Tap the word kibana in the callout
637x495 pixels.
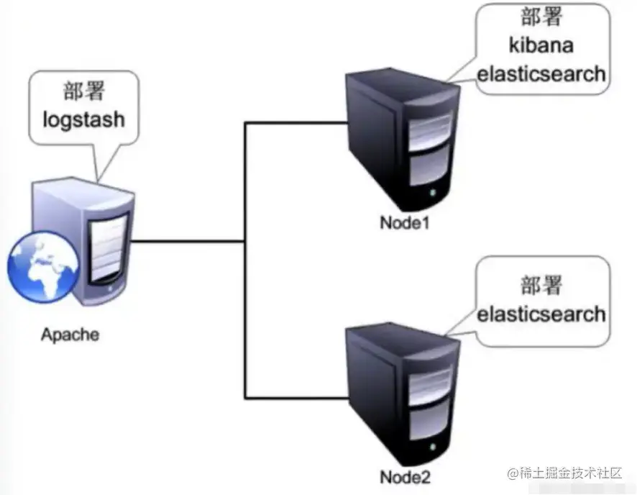coord(540,45)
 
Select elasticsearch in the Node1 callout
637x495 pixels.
coord(541,73)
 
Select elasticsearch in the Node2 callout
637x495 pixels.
coord(541,314)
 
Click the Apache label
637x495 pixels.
coord(70,335)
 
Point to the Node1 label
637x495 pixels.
coord(405,222)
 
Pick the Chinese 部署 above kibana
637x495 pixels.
coord(540,17)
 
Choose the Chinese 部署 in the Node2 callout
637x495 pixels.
coord(541,286)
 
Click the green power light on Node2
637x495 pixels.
coord(433,451)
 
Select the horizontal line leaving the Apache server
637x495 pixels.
coord(187,242)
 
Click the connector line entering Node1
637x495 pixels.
coord(295,123)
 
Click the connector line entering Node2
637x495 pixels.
coord(295,398)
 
